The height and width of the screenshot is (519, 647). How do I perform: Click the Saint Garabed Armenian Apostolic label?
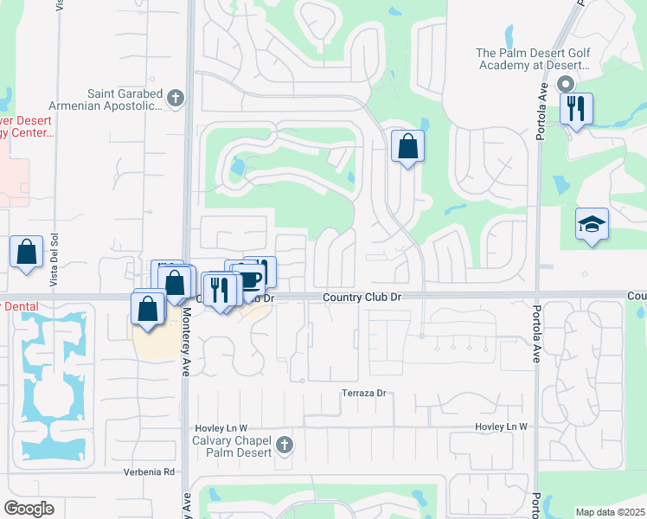(125, 99)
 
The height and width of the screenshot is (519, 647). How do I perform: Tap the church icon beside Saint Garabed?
(176, 98)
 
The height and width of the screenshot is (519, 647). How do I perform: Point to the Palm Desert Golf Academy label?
(533, 59)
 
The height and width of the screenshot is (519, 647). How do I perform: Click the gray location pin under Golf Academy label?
(566, 85)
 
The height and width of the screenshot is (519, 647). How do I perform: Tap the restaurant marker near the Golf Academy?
(576, 109)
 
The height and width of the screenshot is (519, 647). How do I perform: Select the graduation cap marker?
(592, 225)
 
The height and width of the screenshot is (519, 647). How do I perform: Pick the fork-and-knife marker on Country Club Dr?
(220, 288)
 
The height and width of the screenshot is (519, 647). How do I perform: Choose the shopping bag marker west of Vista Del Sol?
(27, 253)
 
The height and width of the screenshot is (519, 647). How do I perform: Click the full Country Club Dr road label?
(362, 297)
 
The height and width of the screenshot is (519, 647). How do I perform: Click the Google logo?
(29, 509)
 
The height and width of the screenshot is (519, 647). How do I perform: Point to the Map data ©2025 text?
(609, 512)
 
